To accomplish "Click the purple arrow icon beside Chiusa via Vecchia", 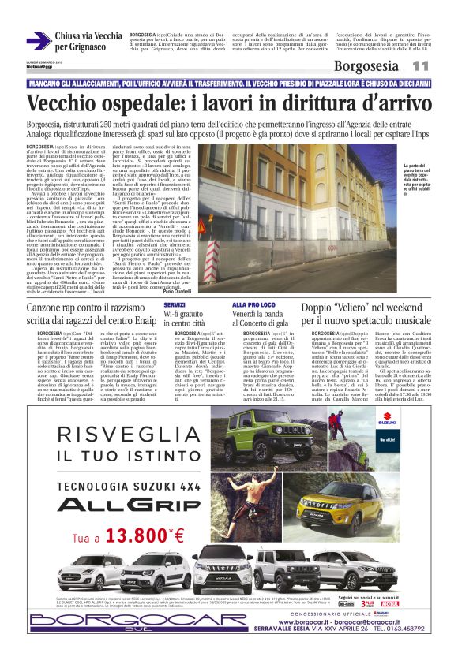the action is pyautogui.click(x=38, y=40).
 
